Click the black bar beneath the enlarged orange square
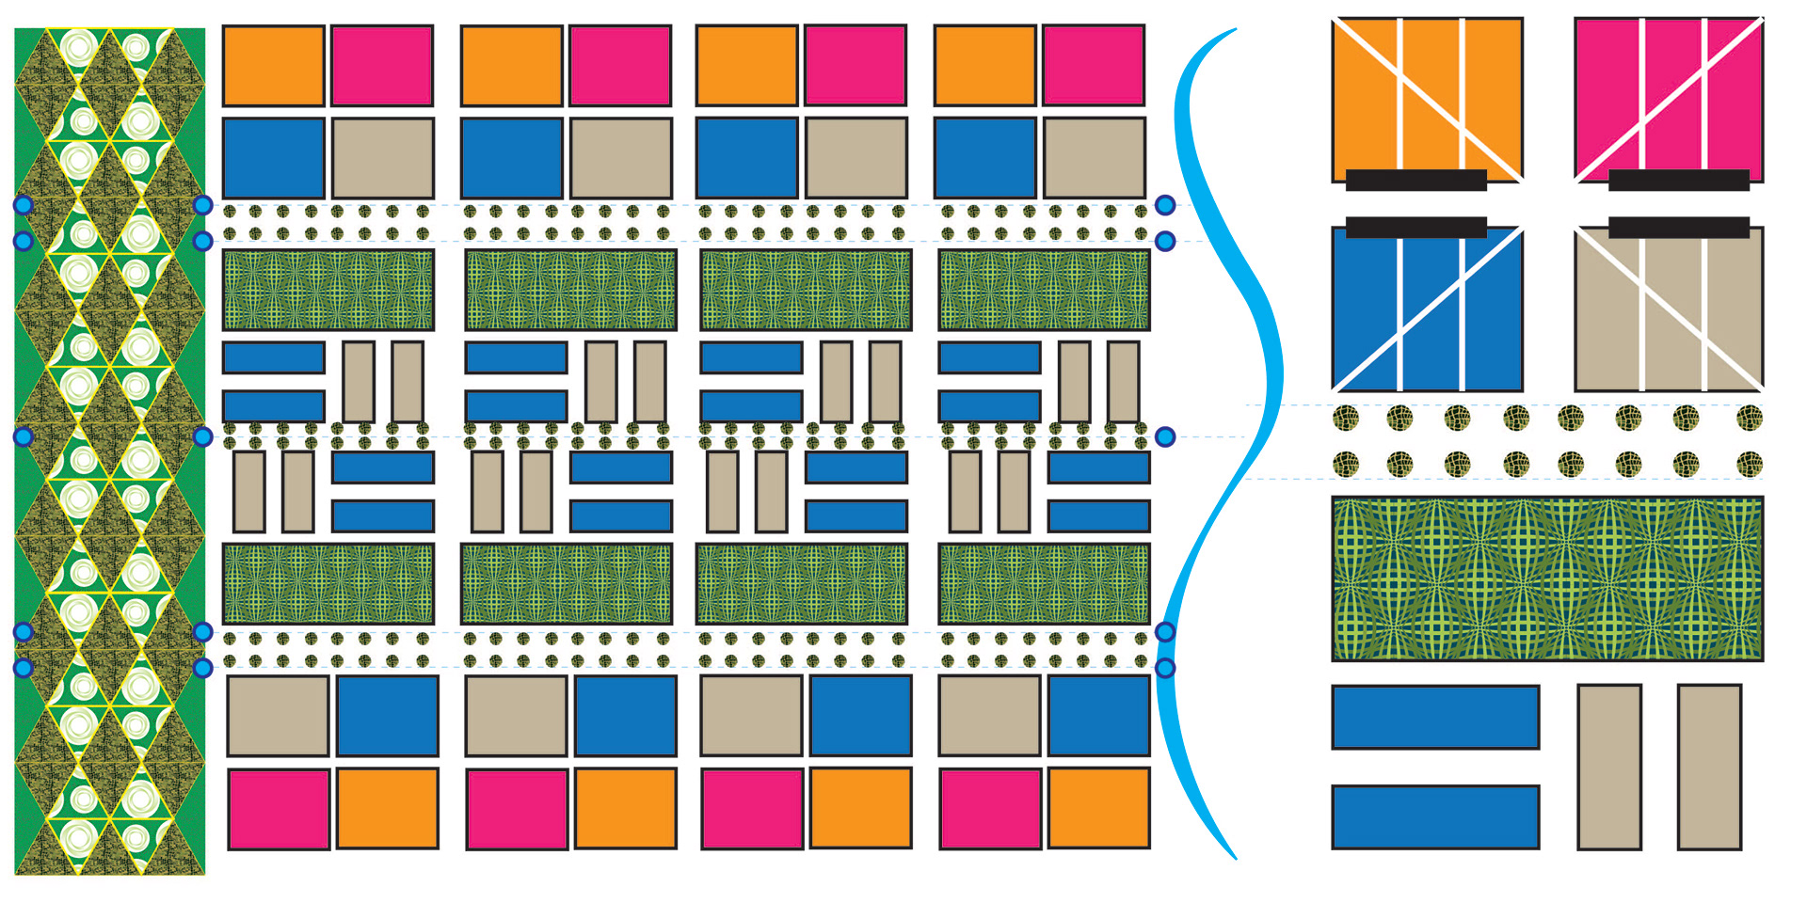[x=1415, y=180]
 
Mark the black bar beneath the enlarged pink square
[x=1678, y=180]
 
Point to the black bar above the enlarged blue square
[x=1415, y=227]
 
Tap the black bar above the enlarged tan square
[x=1678, y=227]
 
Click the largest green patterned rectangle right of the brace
[x=1546, y=578]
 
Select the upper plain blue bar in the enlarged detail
[x=1435, y=717]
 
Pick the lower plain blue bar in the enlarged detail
[x=1435, y=817]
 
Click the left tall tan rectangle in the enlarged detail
[x=1609, y=767]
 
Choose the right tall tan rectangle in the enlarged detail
[x=1709, y=767]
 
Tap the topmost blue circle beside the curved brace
[x=1165, y=205]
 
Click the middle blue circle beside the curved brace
[x=1165, y=436]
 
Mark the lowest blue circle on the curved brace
[x=1165, y=668]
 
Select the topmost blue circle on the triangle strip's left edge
[x=24, y=205]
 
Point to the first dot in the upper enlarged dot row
[x=1346, y=417]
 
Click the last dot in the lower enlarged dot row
[x=1750, y=464]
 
